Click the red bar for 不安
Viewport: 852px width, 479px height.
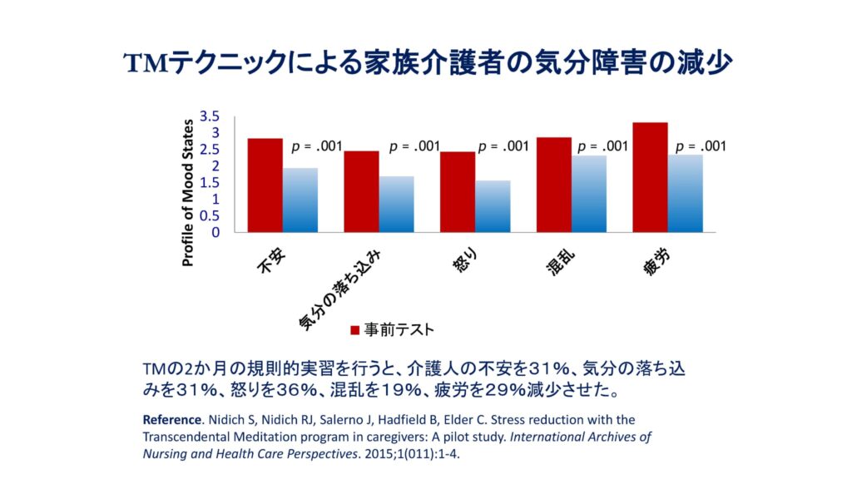point(265,185)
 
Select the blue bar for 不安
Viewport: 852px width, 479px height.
point(300,200)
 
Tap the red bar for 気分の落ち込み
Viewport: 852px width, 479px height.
point(361,191)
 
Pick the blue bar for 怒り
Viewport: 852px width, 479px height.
point(493,206)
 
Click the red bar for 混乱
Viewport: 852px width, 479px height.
point(554,185)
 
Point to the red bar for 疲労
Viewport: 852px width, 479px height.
point(650,177)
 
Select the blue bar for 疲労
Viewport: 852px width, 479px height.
point(685,193)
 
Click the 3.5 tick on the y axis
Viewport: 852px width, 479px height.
point(210,116)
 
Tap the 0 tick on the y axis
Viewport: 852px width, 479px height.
point(215,232)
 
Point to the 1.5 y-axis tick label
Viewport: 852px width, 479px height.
point(210,182)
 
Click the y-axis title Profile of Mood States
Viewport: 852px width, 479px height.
point(188,192)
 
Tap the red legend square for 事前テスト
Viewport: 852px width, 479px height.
point(354,330)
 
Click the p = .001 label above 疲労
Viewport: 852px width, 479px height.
point(701,146)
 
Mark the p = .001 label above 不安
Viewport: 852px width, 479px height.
point(316,146)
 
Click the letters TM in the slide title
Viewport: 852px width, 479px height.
point(146,62)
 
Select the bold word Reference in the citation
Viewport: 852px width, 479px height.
point(171,419)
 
